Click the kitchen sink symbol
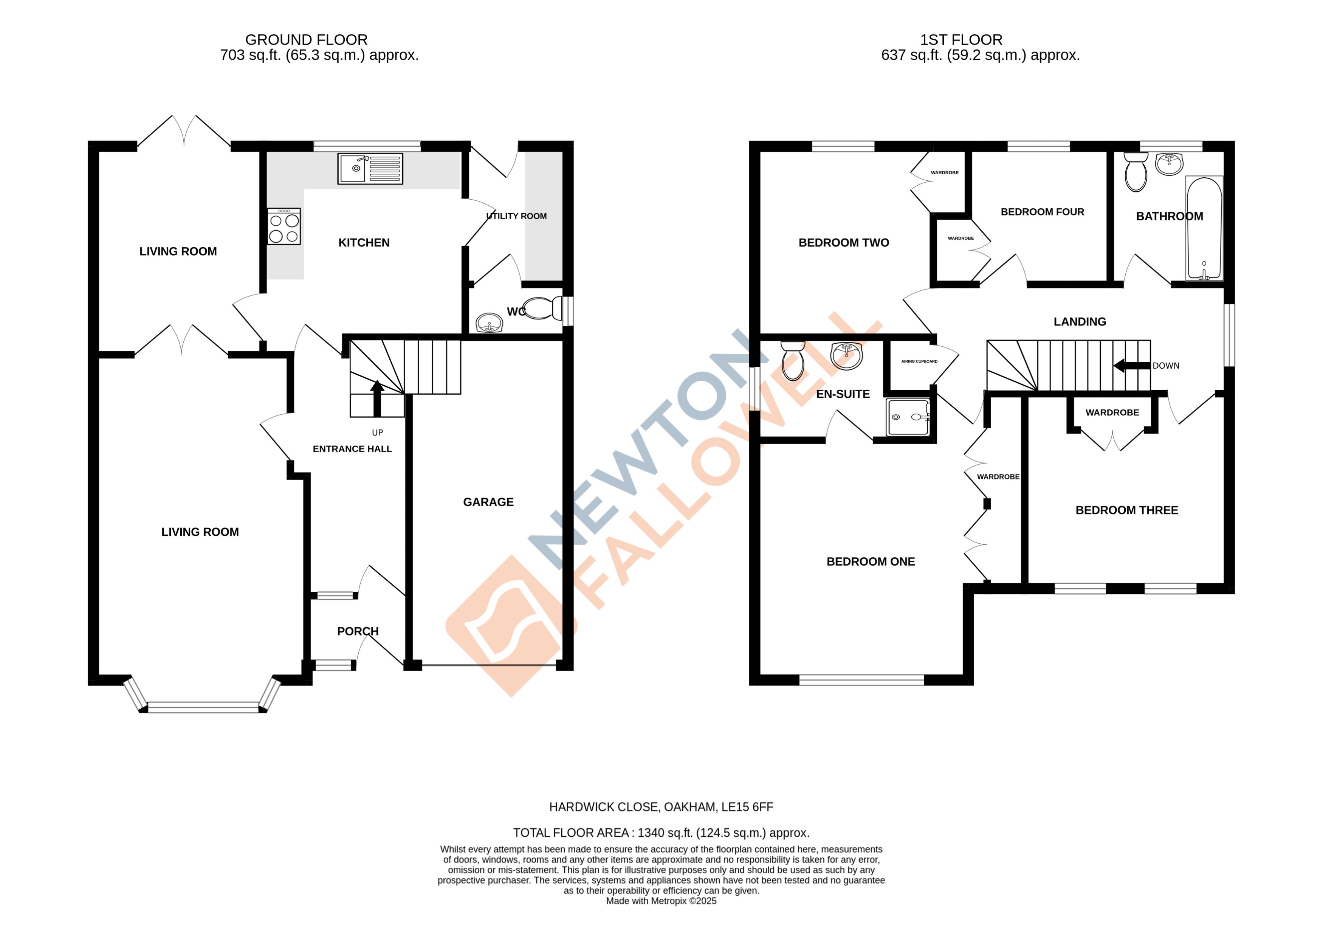[x=370, y=169]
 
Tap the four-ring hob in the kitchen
[x=284, y=227]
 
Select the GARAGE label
[x=488, y=502]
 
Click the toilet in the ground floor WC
[x=541, y=309]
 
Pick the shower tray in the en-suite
[x=908, y=417]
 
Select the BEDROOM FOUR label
[x=1043, y=212]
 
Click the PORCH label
[x=358, y=631]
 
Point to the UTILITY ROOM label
[x=516, y=216]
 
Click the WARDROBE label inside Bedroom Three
[x=1112, y=412]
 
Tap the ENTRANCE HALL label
[x=352, y=448]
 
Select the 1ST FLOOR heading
[x=961, y=40]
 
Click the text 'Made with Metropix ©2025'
[x=661, y=901]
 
